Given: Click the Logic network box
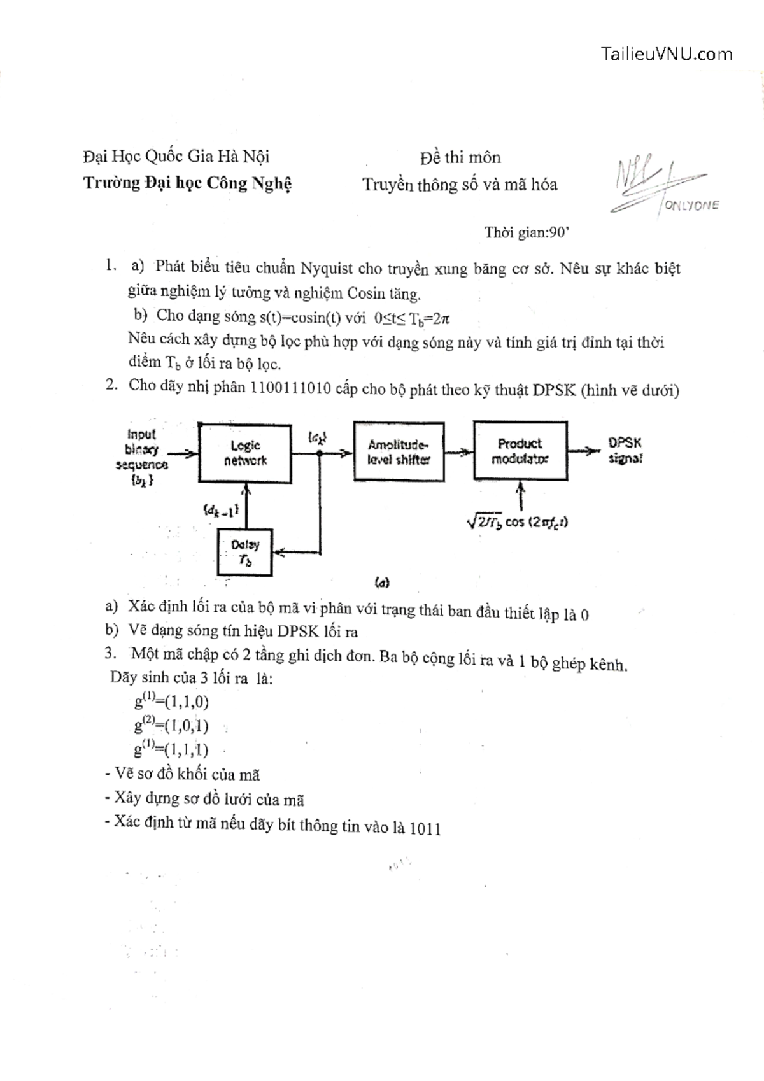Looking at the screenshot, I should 245,453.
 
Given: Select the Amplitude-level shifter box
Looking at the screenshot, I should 399,451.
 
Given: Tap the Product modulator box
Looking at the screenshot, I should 520,450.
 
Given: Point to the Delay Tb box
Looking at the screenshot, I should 244,552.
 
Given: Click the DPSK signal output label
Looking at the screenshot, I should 625,450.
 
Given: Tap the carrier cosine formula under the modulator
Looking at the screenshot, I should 517,522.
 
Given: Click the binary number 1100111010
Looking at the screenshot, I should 290,388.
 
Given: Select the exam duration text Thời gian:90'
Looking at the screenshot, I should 526,232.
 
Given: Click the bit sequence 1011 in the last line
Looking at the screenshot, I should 425,828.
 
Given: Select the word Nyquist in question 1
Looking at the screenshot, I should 327,267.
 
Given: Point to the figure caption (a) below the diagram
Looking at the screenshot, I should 382,582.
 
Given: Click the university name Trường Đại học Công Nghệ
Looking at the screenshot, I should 187,183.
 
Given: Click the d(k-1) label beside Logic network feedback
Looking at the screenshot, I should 221,509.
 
